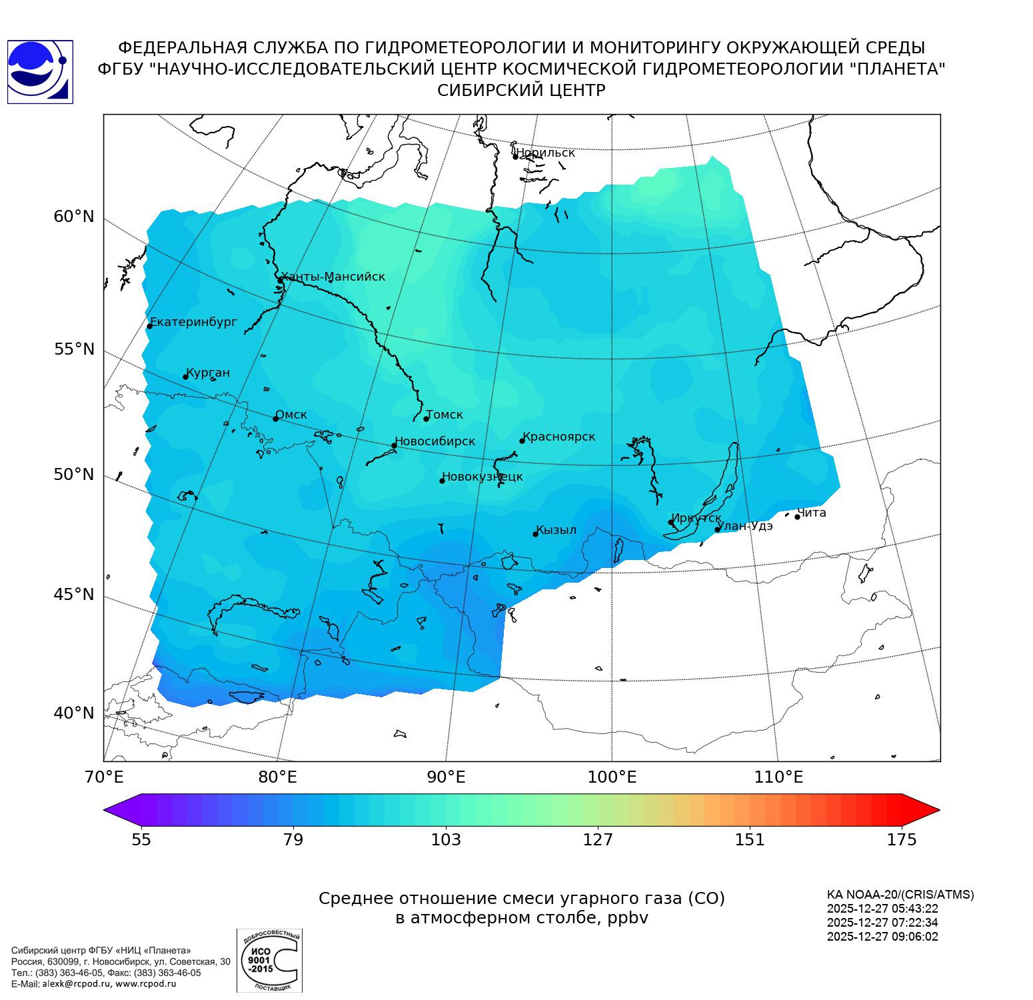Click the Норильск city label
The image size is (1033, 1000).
pyautogui.click(x=545, y=153)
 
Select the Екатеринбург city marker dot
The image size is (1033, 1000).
pyautogui.click(x=150, y=326)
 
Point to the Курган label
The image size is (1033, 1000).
pyautogui.click(x=208, y=373)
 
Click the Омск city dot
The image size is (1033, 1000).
pyautogui.click(x=275, y=419)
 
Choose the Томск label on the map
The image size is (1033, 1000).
pyautogui.click(x=445, y=415)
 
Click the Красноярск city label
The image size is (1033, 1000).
pyautogui.click(x=559, y=437)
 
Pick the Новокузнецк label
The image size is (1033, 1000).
pyautogui.click(x=483, y=477)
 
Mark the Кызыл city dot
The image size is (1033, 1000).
pyautogui.click(x=535, y=534)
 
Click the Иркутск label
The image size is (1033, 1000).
pyautogui.click(x=696, y=518)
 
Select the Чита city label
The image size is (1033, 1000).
pyautogui.click(x=812, y=513)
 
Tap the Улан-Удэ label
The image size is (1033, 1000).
pyautogui.click(x=745, y=526)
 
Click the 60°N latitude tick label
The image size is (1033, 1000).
pyautogui.click(x=74, y=217)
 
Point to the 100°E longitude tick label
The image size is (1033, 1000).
pyautogui.click(x=612, y=777)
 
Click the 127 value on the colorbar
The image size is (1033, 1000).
pyautogui.click(x=598, y=839)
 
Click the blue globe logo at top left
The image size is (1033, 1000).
pyautogui.click(x=39, y=71)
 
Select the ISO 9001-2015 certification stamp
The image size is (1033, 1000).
pyautogui.click(x=269, y=961)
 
